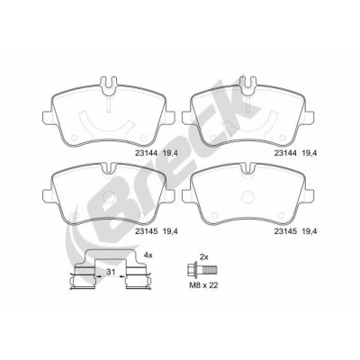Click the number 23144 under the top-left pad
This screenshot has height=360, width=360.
[146, 153]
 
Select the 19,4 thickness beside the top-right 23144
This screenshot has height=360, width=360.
[310, 153]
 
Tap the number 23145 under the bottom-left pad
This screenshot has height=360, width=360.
[146, 231]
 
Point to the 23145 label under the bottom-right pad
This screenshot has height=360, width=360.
[285, 231]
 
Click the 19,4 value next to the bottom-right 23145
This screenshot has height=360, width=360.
[310, 231]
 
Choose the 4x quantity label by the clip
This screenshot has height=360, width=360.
[148, 256]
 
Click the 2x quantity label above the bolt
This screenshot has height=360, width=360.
[204, 256]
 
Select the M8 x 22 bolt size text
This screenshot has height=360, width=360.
[203, 285]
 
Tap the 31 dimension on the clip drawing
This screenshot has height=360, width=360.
[111, 273]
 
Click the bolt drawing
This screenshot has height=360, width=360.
[202, 271]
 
